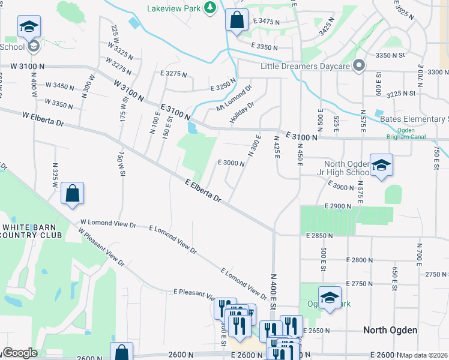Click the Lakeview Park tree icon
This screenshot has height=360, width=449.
[x=209, y=7]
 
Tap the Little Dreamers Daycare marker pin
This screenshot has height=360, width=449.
[x=359, y=65]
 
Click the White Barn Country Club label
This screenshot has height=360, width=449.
[x=31, y=231]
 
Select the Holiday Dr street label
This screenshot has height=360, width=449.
[x=243, y=113]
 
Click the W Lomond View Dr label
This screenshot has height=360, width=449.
[x=107, y=224]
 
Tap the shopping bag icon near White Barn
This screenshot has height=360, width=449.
[x=72, y=194]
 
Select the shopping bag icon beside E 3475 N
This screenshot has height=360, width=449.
[x=237, y=19]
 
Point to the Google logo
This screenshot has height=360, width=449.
[x=20, y=353]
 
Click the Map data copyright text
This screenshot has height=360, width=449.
[x=424, y=355]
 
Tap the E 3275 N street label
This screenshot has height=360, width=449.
[x=173, y=74]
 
